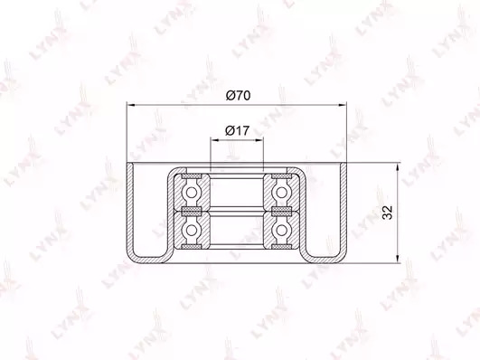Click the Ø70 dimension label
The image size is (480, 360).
pyautogui.click(x=238, y=96)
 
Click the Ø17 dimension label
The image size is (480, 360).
pyautogui.click(x=237, y=131)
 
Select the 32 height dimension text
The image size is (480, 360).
pyautogui.click(x=388, y=212)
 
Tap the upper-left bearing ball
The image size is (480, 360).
pyautogui.click(x=192, y=193)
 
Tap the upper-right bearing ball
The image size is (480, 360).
pyautogui.click(x=281, y=193)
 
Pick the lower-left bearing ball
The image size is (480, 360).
pyautogui.click(x=192, y=230)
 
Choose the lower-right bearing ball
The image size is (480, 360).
pyautogui.click(x=281, y=230)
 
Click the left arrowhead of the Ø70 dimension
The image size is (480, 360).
pyautogui.click(x=131, y=105)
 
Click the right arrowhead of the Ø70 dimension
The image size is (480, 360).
pyautogui.click(x=342, y=105)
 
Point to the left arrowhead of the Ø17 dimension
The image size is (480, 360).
pyautogui.click(x=214, y=140)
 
